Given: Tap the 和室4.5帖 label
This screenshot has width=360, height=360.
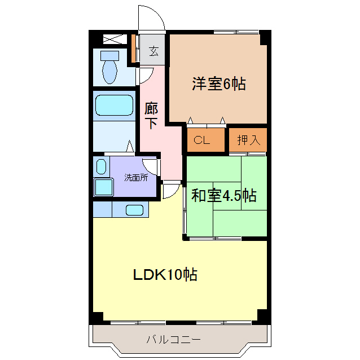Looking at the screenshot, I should tap(224, 196).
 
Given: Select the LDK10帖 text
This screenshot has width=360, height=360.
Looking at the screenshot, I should tap(165, 275).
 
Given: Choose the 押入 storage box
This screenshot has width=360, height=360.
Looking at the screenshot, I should tap(247, 141).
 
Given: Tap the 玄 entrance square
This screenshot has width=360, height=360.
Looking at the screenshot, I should tap(153, 51).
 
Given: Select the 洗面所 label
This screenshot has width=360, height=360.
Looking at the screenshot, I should tap(136, 177).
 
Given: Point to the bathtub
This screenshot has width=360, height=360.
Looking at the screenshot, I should tap(113, 105).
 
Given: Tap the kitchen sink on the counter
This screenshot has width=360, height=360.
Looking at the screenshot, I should tap(134, 210).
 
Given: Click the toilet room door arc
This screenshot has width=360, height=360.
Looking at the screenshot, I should tap(146, 74).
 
